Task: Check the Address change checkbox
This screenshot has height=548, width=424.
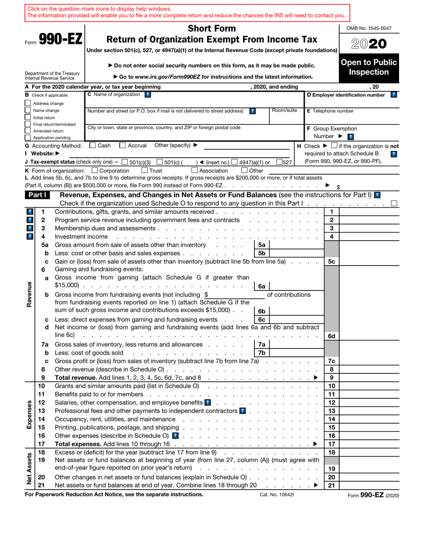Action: [x=28, y=103]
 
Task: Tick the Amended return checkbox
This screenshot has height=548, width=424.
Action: [x=28, y=131]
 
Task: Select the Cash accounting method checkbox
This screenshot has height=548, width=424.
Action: [x=92, y=145]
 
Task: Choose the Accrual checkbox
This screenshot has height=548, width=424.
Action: [x=123, y=145]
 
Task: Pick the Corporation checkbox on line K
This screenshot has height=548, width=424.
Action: [x=95, y=170]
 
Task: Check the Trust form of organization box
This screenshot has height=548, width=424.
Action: [x=145, y=170]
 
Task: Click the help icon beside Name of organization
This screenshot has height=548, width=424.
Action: [x=148, y=94]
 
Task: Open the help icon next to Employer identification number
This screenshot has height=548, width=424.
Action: [x=393, y=94]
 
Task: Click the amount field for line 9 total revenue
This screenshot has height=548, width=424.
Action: [x=370, y=377]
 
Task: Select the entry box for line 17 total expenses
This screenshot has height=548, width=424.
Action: [x=370, y=444]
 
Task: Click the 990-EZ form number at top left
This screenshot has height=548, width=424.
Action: [x=60, y=40]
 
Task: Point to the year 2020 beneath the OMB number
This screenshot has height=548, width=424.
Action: [x=369, y=44]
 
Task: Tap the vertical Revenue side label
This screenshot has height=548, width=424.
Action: [x=29, y=294]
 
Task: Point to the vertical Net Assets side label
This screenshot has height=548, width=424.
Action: [x=29, y=469]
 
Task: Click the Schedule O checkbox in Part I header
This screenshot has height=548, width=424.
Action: [x=394, y=203]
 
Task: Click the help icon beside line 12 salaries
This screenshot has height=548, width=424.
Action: [x=208, y=402]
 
